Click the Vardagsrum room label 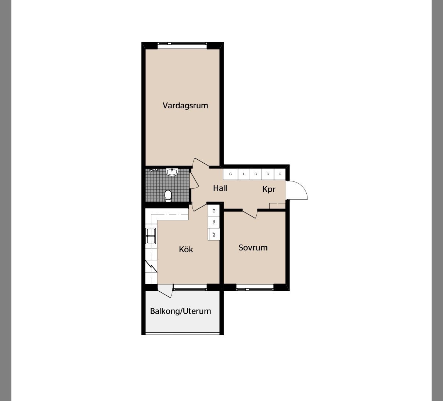[x=185, y=105]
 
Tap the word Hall [x=220, y=188]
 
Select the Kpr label [x=269, y=189]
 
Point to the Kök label [x=186, y=249]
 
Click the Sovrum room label [x=253, y=248]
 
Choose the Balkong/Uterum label [x=180, y=311]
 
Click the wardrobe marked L [x=244, y=174]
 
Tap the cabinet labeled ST [x=214, y=210]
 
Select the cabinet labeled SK [x=214, y=222]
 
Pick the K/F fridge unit [x=214, y=234]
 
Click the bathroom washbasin [x=172, y=172]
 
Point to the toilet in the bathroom [x=168, y=196]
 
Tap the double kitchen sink [x=150, y=236]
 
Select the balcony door [x=165, y=291]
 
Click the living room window [x=182, y=46]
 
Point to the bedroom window [x=255, y=287]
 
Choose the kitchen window [x=190, y=287]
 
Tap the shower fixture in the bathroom [x=154, y=170]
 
